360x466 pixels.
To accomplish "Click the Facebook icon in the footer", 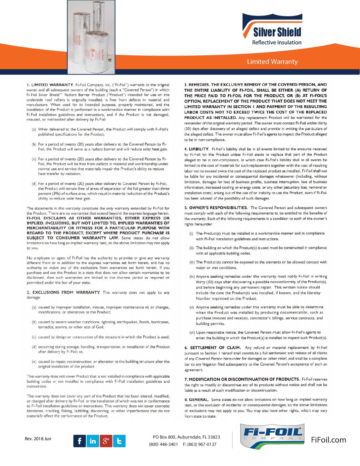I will coord(79,441).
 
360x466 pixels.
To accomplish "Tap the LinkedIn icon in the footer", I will coord(93,441).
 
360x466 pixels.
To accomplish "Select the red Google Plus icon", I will coord(106,441).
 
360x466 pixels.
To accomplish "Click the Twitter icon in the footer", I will coord(119,441).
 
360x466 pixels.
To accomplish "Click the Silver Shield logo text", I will coord(277,32).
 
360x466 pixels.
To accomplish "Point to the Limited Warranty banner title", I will coord(272,62).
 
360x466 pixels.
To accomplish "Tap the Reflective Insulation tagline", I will coord(277,42).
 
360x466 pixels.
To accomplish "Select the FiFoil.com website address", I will coord(328,440).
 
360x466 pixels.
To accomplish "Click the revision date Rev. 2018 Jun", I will coord(38,439).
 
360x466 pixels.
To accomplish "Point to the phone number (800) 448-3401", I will coord(163,444).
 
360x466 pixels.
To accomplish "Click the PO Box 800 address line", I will coord(186,437).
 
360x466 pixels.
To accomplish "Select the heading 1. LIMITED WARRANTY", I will coord(50,85).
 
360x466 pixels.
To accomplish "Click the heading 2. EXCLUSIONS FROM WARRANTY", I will coord(63,292).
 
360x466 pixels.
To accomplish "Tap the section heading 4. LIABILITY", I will coord(197,149).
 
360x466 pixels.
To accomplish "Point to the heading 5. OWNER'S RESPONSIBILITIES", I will coord(216,208).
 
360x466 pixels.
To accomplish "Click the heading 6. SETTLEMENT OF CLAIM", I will coord(212,348).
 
